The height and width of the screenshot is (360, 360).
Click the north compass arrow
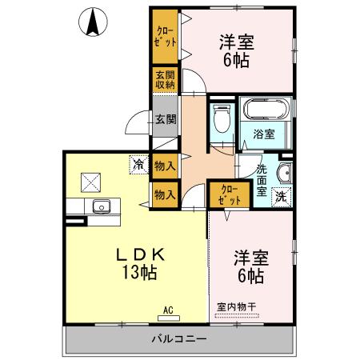click(x=93, y=22)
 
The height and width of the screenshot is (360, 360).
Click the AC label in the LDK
click(x=168, y=309)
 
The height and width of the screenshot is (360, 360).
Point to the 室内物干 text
click(x=237, y=306)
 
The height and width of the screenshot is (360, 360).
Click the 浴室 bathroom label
click(x=263, y=134)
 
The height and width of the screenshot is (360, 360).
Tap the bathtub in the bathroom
click(x=266, y=111)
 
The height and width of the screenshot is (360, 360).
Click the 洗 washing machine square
click(x=282, y=196)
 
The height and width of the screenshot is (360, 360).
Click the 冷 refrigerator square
click(x=139, y=166)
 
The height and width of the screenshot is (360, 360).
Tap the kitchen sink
click(x=102, y=208)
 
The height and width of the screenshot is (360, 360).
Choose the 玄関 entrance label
click(x=166, y=120)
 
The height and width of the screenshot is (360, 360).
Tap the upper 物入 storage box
click(x=166, y=166)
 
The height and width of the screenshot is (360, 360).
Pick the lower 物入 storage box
click(x=166, y=194)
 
